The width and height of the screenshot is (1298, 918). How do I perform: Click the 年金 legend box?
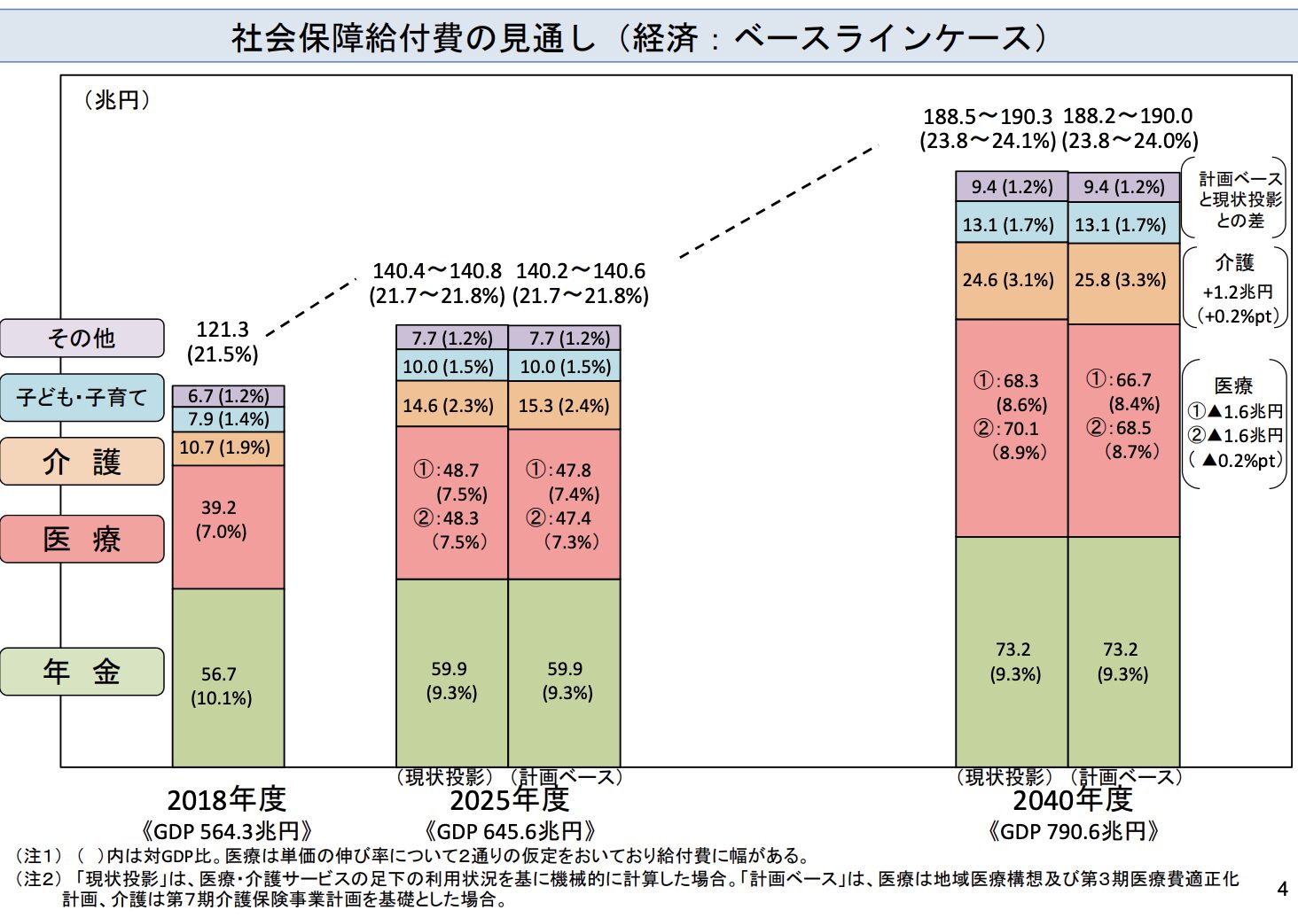pos(82,672)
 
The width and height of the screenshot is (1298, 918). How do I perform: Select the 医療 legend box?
pos(82,539)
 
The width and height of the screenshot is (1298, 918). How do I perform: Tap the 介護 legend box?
pos(82,462)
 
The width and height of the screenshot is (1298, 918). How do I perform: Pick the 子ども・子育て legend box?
pos(82,397)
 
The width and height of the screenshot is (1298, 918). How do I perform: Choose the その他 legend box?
pos(82,338)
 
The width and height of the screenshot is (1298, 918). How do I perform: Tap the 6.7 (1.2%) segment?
pos(228,396)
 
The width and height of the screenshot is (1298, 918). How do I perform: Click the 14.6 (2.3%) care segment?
pos(451,406)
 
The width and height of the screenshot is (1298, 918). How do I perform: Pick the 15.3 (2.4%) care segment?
pos(564,406)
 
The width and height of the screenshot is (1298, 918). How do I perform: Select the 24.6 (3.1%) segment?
pos(1011,280)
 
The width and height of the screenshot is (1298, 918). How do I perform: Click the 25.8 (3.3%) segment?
pos(1122,280)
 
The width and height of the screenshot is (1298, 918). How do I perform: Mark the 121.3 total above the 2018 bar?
pos(223,330)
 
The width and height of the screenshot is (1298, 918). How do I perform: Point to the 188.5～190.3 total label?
pos(988,117)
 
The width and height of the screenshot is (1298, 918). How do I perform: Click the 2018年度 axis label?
pos(226,799)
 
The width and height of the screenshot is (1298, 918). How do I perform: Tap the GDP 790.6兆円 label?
pos(1074,831)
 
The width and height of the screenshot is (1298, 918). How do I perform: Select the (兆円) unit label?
pos(117,100)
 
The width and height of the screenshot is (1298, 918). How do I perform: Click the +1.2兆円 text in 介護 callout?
pos(1238,292)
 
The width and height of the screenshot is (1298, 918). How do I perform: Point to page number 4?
pos(1282,889)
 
